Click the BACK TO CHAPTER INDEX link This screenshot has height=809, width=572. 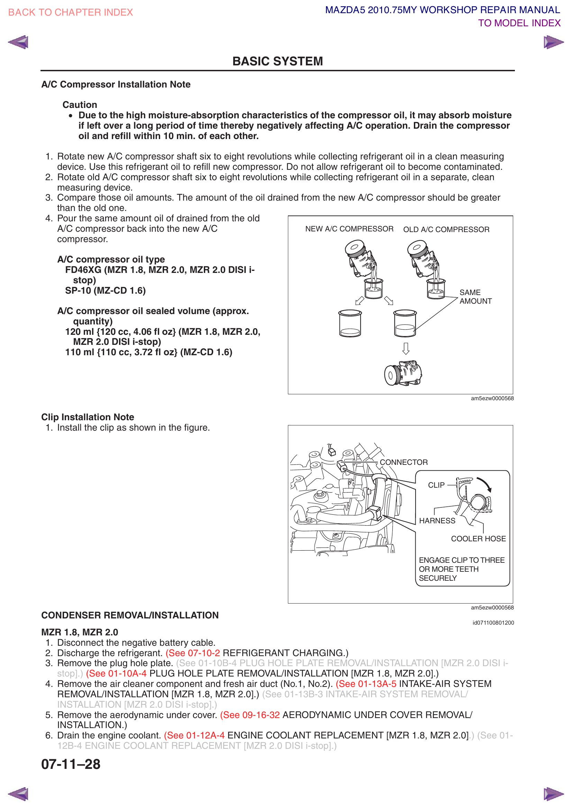coord(71,12)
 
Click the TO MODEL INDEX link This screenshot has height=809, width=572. coord(519,23)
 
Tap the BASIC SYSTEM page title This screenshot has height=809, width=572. coord(278,61)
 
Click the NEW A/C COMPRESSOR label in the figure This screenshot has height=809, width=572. coord(349,229)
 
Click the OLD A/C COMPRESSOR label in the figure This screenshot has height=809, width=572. coord(446,230)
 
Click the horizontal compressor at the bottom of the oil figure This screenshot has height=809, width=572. coord(403,374)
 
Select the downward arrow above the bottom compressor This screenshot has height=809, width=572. coord(406,349)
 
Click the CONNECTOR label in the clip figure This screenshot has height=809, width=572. coord(403,462)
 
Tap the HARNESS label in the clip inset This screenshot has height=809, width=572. coord(437,521)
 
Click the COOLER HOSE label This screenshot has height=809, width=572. coord(478,539)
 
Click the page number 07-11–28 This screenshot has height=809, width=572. coord(71,764)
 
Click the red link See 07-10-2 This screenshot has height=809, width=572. coord(193,653)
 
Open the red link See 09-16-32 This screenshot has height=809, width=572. coord(250,715)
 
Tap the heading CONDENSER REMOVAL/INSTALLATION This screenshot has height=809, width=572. coord(130,615)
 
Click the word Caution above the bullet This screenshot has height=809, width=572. coord(80,105)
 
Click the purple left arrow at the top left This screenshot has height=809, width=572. coord(18,42)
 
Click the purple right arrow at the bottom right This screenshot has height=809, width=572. coord(553,794)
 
